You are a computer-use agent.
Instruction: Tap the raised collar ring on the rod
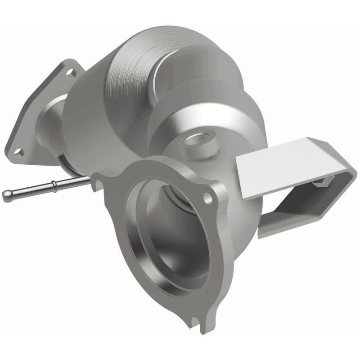[54, 184]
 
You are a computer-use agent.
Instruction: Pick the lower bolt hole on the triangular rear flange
[19, 151]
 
